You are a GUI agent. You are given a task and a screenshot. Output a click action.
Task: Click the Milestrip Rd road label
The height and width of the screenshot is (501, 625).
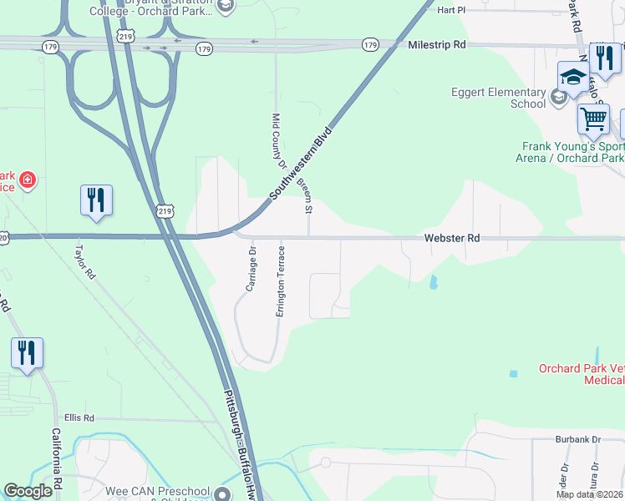(436, 44)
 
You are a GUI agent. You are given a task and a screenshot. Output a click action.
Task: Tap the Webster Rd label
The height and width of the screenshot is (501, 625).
(452, 238)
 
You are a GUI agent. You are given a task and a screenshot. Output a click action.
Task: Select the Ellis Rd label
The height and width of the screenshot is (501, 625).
(79, 417)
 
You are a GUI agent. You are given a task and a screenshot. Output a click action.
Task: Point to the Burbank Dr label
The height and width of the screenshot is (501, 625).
(578, 438)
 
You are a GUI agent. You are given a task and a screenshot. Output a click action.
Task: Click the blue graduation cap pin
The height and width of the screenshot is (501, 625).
(573, 77)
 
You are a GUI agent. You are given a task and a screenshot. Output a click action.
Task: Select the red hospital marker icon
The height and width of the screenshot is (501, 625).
(28, 180)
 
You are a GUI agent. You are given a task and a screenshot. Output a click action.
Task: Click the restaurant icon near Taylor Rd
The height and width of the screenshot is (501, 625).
(96, 200)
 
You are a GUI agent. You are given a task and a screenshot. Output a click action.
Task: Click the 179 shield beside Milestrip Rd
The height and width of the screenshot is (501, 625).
(370, 44)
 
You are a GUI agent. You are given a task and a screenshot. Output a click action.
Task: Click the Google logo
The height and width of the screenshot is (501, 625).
(28, 492)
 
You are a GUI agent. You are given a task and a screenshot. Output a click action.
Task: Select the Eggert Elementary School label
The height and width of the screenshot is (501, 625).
(498, 98)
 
